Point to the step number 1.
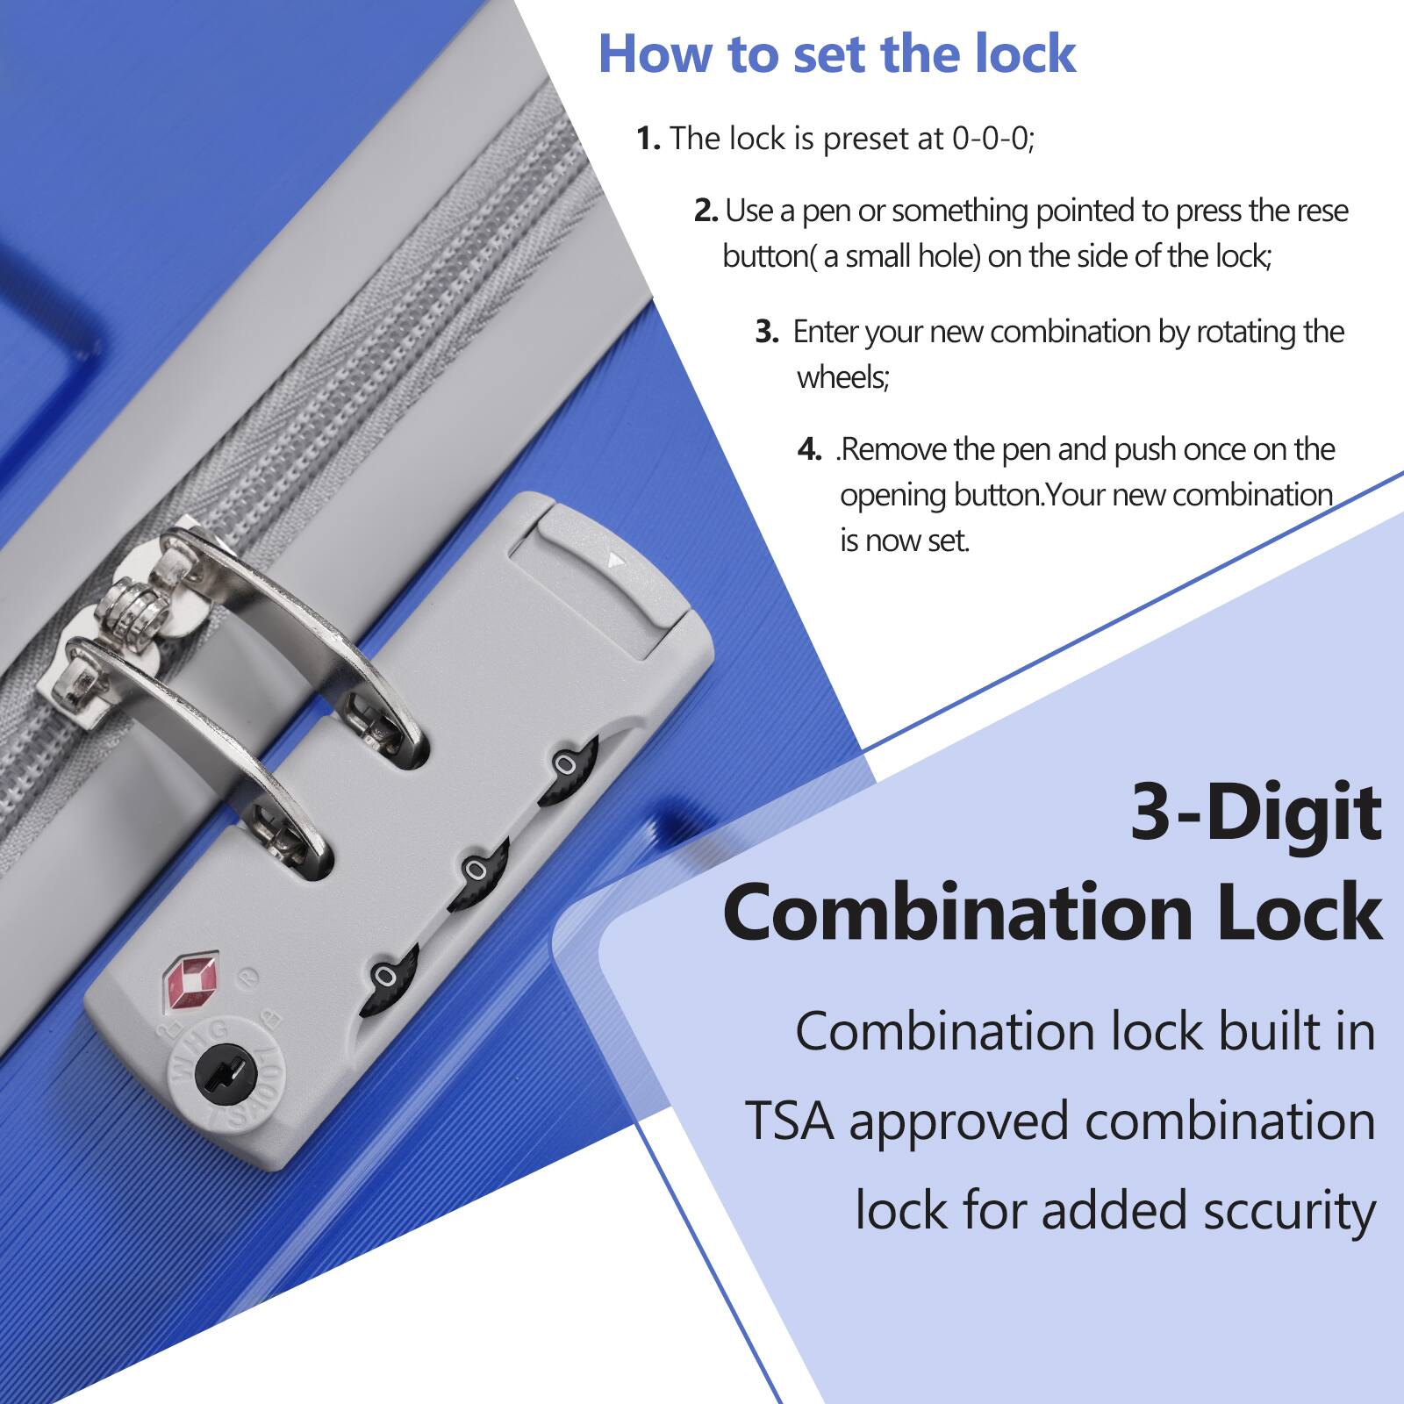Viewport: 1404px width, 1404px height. coord(647,139)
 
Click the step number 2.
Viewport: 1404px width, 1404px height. coord(705,211)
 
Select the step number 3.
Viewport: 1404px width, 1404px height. coord(766,333)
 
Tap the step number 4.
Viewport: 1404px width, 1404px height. coord(808,450)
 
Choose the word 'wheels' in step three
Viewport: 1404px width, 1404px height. coord(842,378)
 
